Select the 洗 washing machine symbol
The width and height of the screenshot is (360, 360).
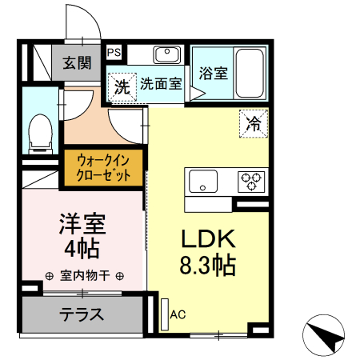(x=122, y=85)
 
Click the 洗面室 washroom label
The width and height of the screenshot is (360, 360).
(x=162, y=82)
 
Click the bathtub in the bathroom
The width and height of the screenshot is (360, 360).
(x=251, y=73)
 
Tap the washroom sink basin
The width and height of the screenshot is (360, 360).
(x=167, y=54)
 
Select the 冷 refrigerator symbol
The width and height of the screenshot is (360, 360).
(x=253, y=123)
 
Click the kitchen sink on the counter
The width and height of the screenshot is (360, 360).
(x=202, y=180)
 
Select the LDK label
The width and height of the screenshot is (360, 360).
(x=205, y=239)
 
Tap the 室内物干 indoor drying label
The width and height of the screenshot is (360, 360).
(x=84, y=276)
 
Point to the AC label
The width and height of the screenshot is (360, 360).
(x=178, y=314)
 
